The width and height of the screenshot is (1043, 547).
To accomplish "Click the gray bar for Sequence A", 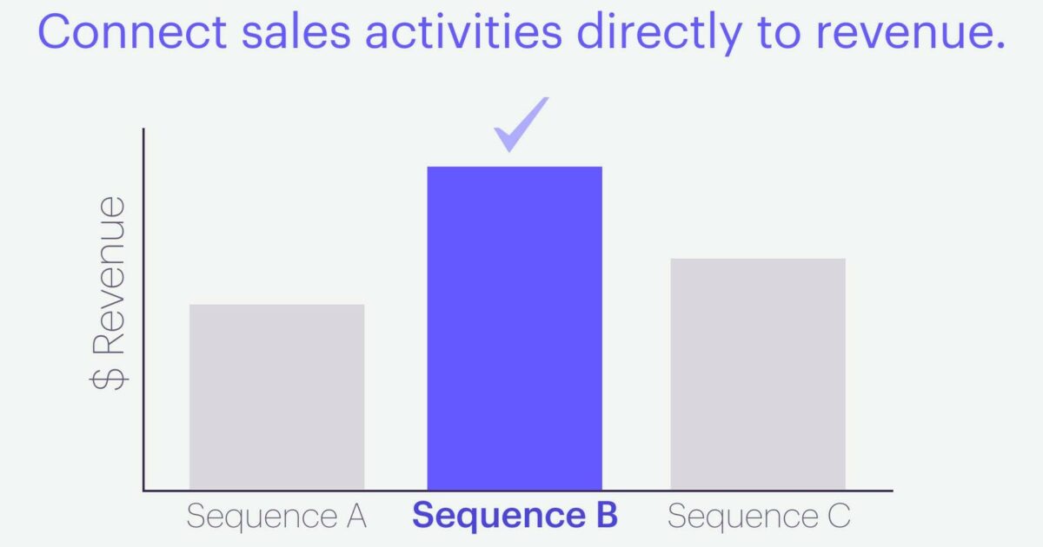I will tap(276, 397).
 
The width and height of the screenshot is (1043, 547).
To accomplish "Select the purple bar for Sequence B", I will tap(515, 328).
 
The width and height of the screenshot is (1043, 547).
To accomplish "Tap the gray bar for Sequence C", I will tap(757, 374).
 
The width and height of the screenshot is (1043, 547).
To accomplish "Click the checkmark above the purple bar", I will tap(521, 124).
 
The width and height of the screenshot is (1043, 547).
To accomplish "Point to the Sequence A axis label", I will tap(276, 517).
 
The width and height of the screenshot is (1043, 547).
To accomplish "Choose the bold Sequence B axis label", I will tap(515, 516).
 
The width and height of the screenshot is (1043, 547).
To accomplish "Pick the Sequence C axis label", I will tap(758, 517).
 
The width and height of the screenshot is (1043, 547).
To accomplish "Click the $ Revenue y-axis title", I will tap(110, 293).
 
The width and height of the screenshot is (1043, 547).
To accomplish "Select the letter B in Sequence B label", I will tap(604, 516).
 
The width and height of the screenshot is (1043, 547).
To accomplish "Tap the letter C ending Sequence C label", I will tap(836, 517).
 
